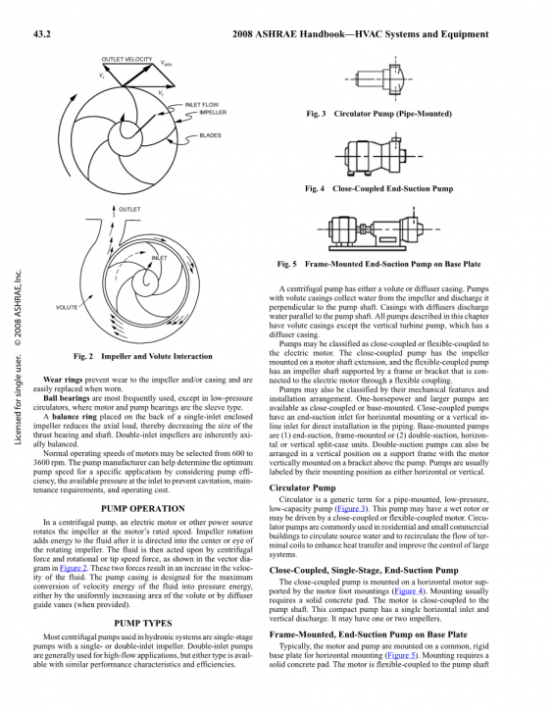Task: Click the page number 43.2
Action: [x=41, y=34]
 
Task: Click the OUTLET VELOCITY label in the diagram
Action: [x=126, y=59]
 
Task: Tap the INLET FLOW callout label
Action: [x=202, y=105]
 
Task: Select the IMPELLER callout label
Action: [x=213, y=113]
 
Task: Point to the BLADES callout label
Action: [x=211, y=135]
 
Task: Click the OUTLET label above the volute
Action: [x=129, y=209]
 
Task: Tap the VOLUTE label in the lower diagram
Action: [x=67, y=307]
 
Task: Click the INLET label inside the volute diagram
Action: [x=159, y=258]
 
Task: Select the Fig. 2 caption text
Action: [x=143, y=356]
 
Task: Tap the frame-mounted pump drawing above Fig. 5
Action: [x=378, y=229]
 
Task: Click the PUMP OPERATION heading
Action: [x=143, y=508]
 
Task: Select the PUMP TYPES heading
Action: [x=143, y=623]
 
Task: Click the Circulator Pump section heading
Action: [x=302, y=487]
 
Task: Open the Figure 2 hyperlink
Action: [x=74, y=568]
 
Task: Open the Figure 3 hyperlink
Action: [x=351, y=509]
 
